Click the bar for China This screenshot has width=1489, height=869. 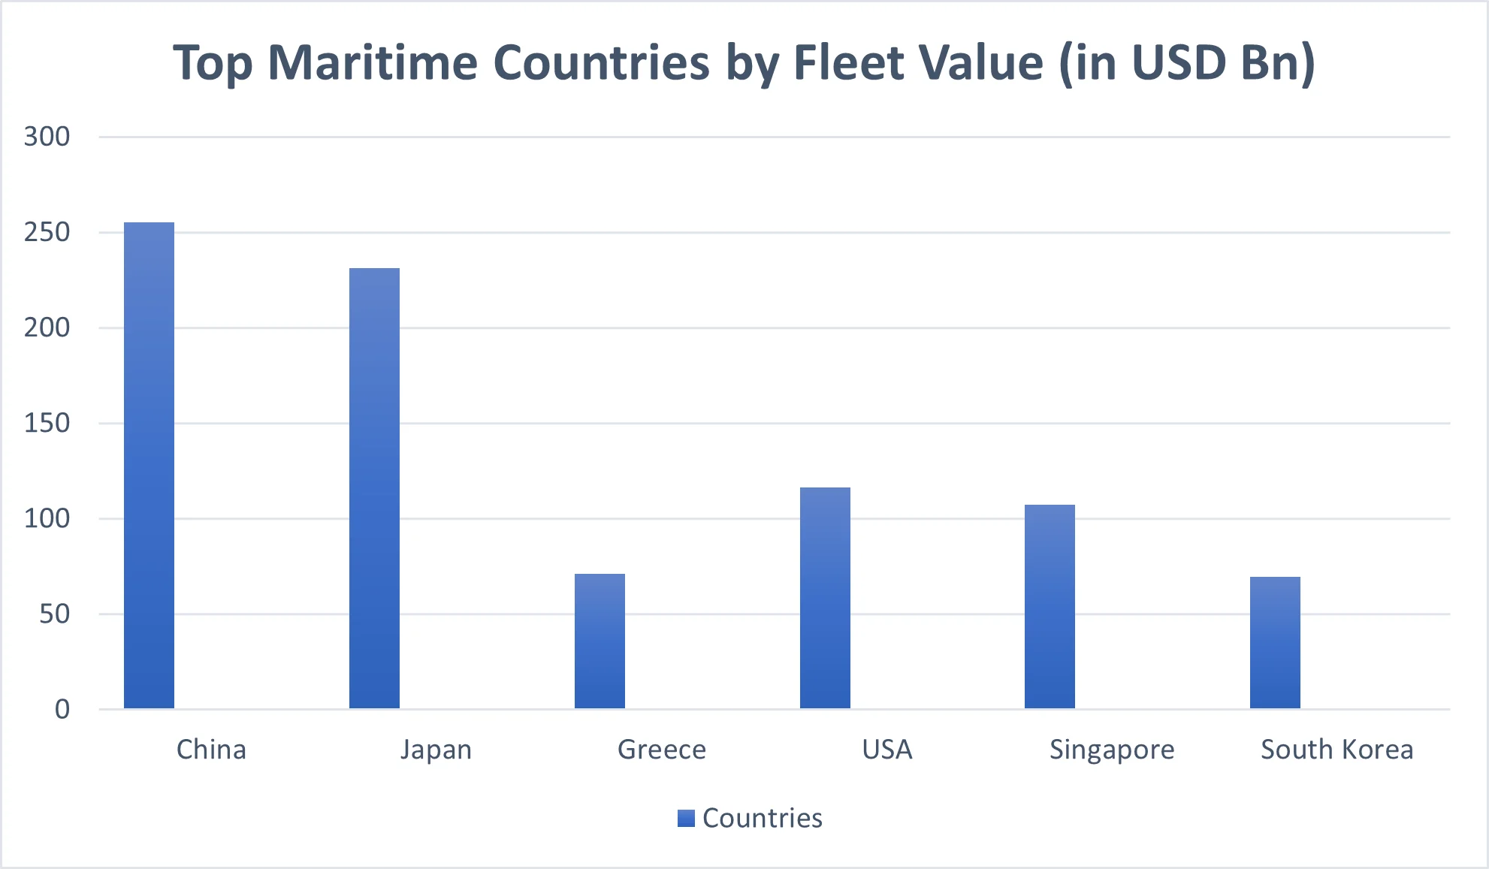coord(149,466)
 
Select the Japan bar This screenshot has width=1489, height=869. coord(374,488)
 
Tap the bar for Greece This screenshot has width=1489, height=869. coord(600,641)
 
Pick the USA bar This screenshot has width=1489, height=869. coord(825,598)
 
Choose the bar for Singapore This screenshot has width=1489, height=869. coord(1050,607)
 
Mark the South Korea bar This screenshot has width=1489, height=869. coord(1275,643)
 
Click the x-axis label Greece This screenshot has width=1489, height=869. coord(662,750)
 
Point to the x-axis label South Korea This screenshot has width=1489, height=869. coord(1336,750)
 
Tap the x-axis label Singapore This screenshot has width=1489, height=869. coord(1112,750)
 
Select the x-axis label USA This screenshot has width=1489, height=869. coord(887,750)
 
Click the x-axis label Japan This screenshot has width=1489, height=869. coord(436,750)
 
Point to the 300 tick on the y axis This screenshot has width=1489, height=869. coord(47,137)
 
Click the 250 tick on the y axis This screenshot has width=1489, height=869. coord(47,232)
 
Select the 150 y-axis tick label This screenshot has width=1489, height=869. coord(47,423)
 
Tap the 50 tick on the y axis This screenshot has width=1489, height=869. coord(54,614)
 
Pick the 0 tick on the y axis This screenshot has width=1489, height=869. coord(62,709)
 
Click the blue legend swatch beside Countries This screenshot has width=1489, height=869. coord(686,818)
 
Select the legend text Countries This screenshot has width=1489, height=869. coord(762,818)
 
